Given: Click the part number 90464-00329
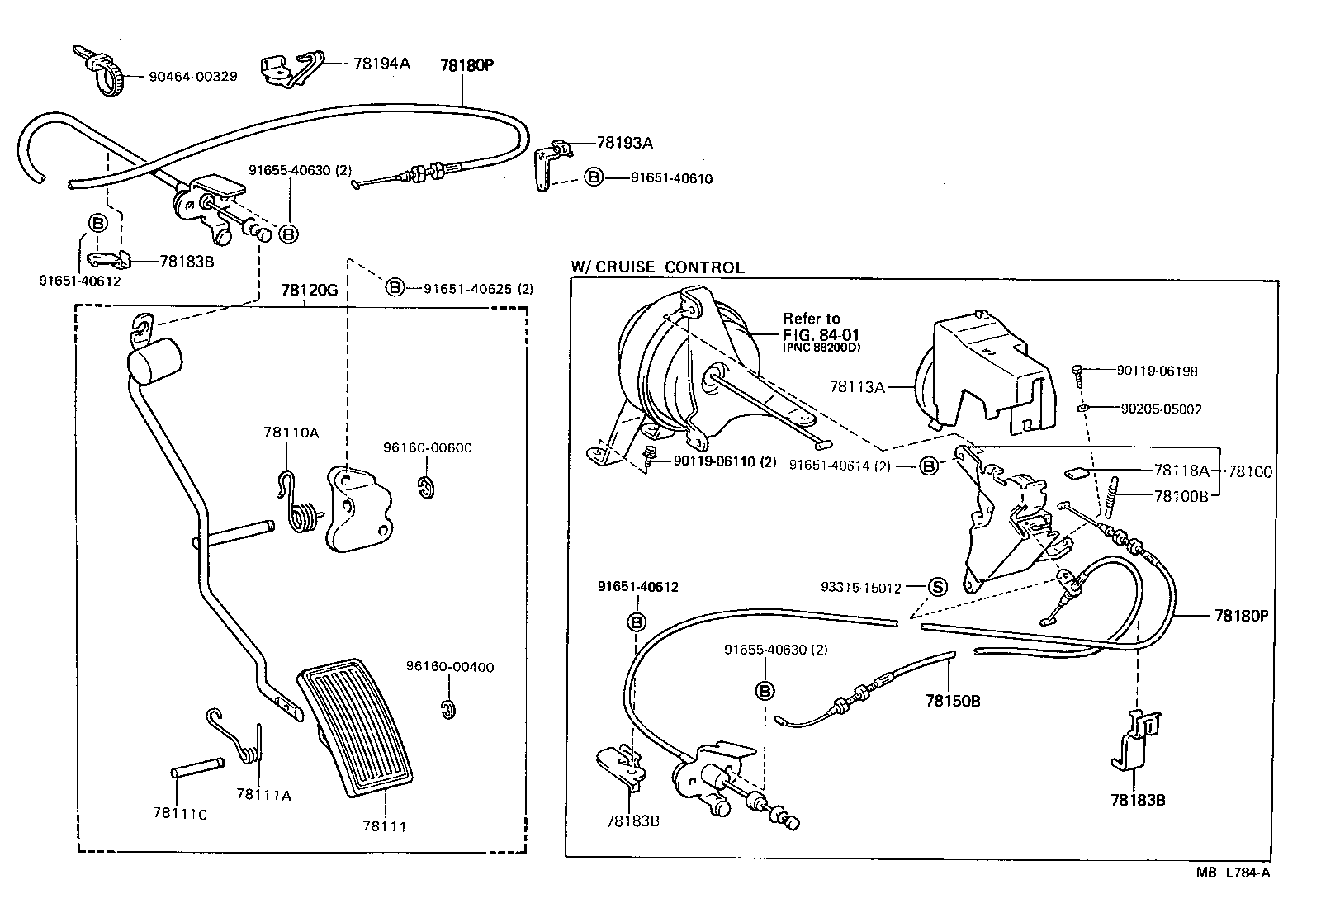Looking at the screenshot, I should point(193,76).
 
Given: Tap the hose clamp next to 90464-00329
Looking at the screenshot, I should point(106,72).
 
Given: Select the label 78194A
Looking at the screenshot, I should point(381,63).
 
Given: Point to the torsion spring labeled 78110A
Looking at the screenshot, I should point(303,514).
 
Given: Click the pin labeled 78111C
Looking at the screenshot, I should point(196,772).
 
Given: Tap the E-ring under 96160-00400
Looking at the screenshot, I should point(447,709).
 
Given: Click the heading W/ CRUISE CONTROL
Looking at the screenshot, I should point(657,267).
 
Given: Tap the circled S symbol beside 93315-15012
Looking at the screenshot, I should point(937,587).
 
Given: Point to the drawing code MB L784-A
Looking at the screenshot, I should point(1234,872).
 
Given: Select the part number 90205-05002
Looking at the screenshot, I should point(1160,409).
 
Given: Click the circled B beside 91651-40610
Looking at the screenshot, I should point(594,177).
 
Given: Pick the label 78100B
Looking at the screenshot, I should point(1181,496).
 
